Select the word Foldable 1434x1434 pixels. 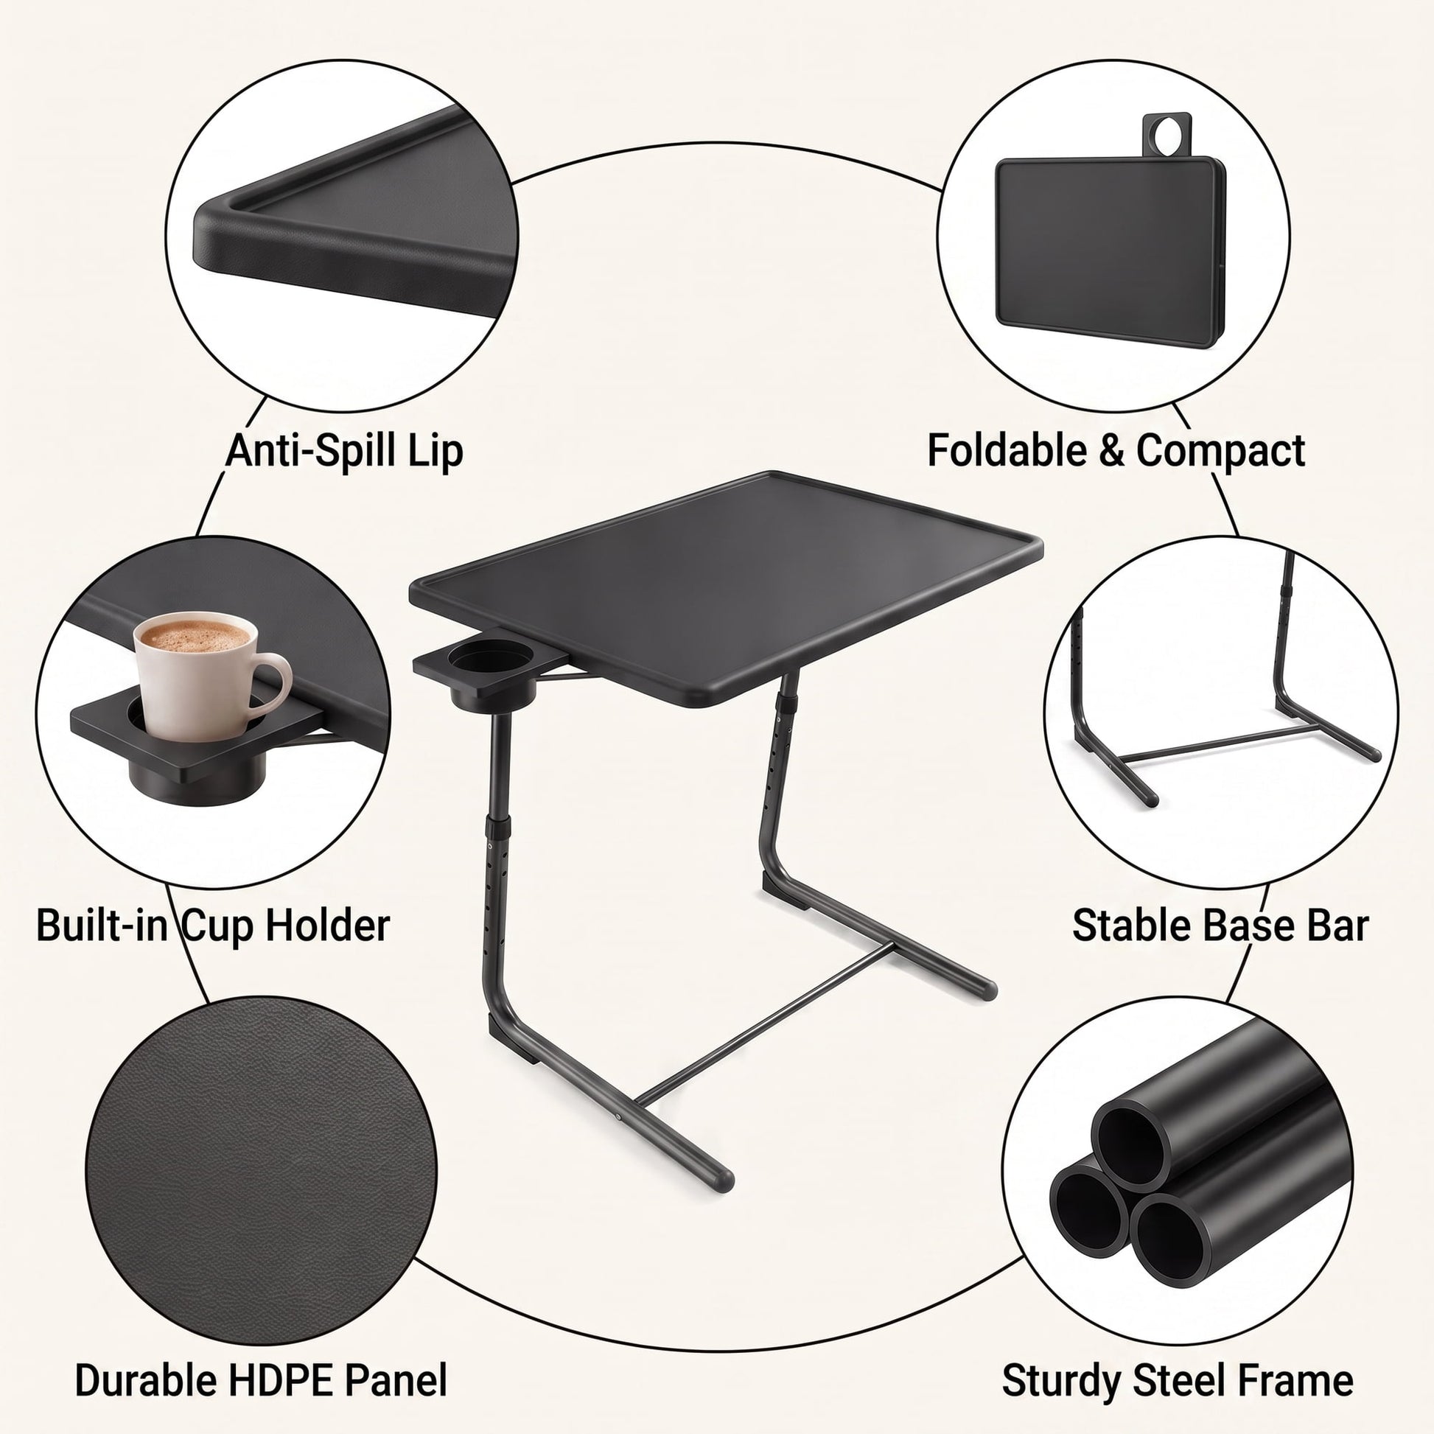(x=1006, y=450)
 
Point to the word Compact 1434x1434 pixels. (x=1220, y=451)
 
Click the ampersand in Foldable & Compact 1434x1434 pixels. (x=1111, y=451)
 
